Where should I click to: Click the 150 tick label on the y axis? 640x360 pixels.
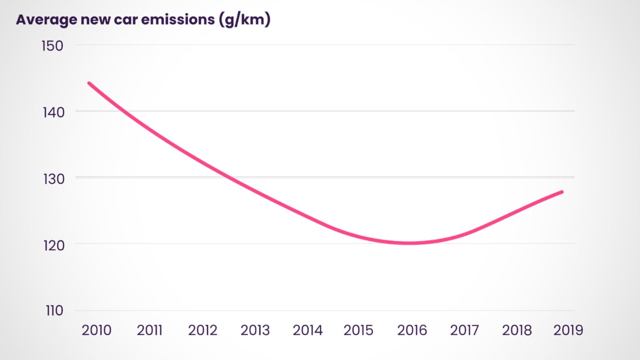point(52,46)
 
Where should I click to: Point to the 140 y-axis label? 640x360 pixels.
point(54,112)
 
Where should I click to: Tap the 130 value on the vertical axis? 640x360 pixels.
point(54,179)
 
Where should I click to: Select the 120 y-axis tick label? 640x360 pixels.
point(54,245)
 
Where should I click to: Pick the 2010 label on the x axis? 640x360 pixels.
point(96,330)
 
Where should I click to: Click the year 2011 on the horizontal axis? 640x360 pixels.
point(150,330)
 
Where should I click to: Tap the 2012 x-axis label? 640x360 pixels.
point(202,330)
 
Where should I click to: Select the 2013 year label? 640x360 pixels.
point(255,330)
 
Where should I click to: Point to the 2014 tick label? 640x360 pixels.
point(308,330)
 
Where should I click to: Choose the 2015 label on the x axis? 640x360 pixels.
point(358,330)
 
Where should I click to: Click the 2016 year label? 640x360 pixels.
point(412,330)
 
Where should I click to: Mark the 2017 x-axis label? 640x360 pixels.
point(464,330)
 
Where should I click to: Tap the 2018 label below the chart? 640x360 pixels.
point(517,330)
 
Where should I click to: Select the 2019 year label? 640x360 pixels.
point(568,330)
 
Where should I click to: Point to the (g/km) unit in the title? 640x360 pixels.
point(245,19)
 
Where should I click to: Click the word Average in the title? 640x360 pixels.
point(46,20)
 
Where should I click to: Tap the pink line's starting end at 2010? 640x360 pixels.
point(89,83)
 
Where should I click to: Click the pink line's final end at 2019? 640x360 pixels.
point(562,192)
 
